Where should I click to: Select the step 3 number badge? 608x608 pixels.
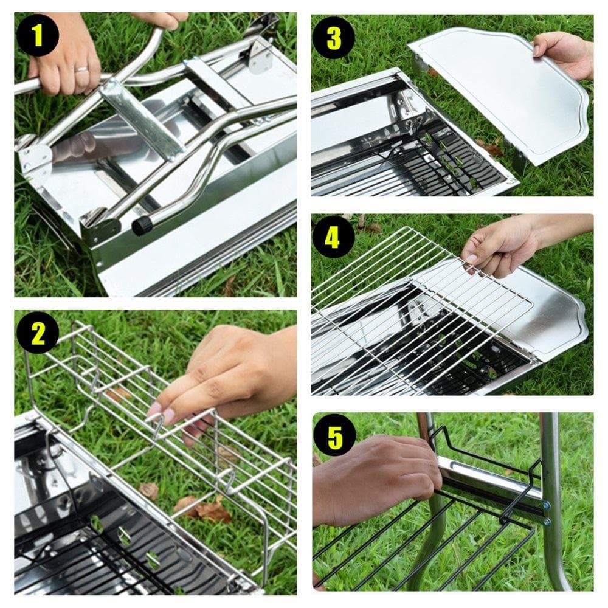[x=334, y=38]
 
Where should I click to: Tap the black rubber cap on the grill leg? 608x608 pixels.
[x=142, y=226]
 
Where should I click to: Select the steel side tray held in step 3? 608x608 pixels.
[x=499, y=97]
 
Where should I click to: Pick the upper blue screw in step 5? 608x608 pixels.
[x=547, y=505]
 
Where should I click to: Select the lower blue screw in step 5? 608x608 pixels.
[x=546, y=521]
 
